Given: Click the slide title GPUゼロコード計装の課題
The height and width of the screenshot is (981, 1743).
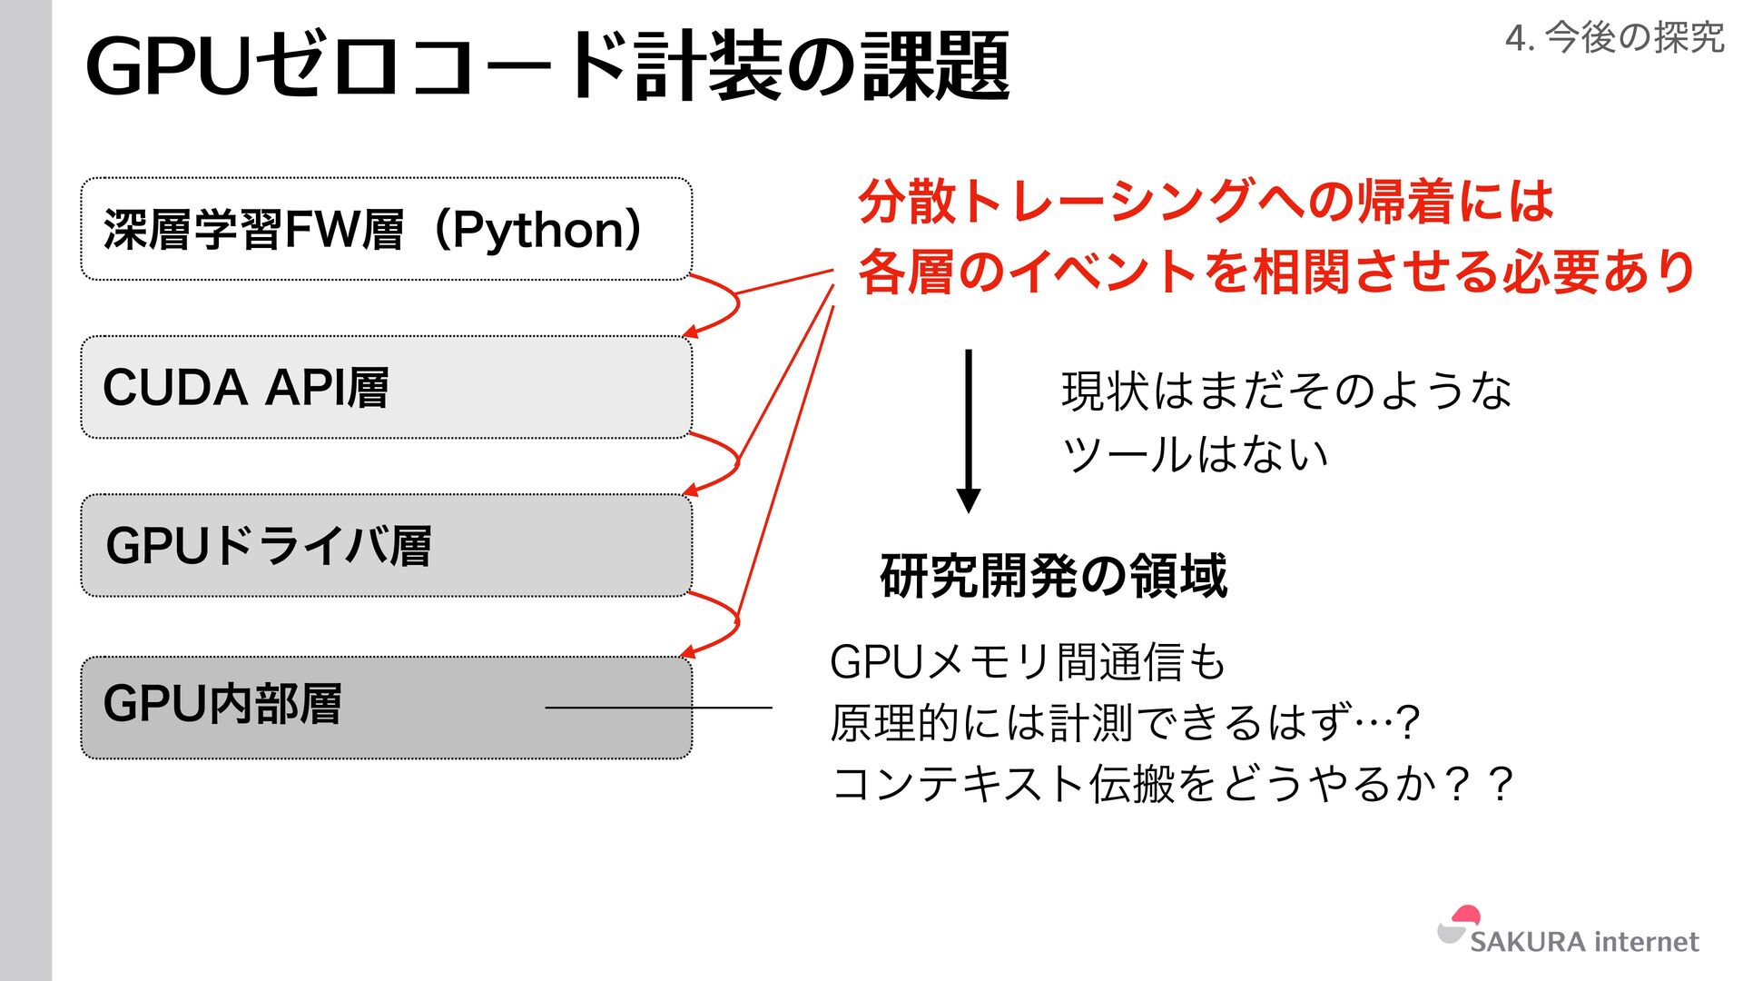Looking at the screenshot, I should pos(547,65).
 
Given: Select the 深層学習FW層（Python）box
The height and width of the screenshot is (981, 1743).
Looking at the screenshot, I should pos(386,229).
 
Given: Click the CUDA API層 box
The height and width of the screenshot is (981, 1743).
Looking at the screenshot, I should pos(386,387).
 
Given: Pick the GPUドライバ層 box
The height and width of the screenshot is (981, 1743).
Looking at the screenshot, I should pos(386,545).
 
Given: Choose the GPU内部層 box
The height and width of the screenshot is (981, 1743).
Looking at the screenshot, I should pos(386,707).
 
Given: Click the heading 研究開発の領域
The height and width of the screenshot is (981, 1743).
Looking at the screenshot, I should pos(1053,576).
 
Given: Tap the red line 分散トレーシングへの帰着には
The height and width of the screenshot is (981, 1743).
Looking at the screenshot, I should pos(1206,202).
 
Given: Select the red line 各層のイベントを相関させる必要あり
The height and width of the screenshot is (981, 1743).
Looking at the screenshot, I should pos(1276,272).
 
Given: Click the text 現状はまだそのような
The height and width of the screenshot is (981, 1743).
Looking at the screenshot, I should pos(1285,391).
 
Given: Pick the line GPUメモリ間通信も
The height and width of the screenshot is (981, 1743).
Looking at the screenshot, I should pos(1028,661).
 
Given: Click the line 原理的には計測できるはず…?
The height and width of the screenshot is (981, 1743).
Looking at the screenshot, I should pos(1124,723).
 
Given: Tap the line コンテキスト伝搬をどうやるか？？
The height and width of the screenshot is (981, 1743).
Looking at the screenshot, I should pos(1171,783).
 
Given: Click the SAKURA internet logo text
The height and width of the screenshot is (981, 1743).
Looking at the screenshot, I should pos(1584,942).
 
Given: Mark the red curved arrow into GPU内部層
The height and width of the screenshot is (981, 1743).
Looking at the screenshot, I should pos(722,627).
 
